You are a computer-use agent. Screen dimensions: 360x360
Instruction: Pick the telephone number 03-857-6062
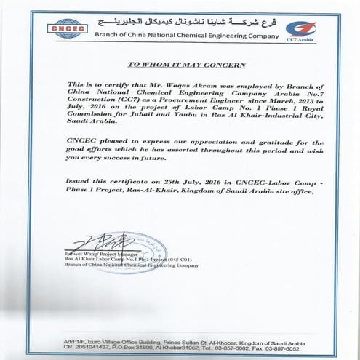click(x=260, y=348)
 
